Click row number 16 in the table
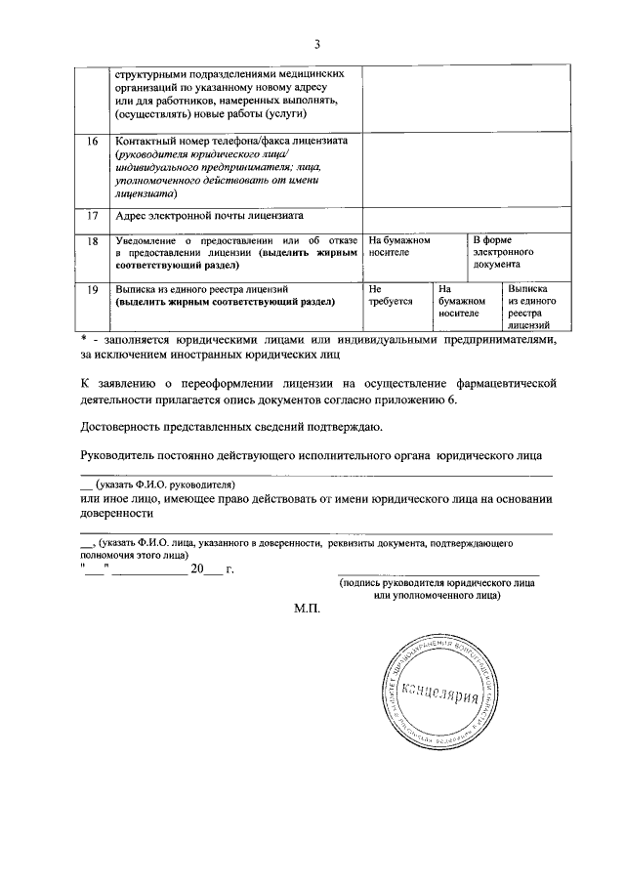coord(92,142)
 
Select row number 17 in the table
coord(92,215)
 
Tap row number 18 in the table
coord(92,240)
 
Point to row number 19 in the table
coord(92,290)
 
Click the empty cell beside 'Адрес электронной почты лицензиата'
coord(464,216)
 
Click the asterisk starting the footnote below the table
coord(84,338)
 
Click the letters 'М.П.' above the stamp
coord(307,608)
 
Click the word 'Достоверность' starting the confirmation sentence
coord(121,426)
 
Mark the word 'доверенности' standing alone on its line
coord(115,512)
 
